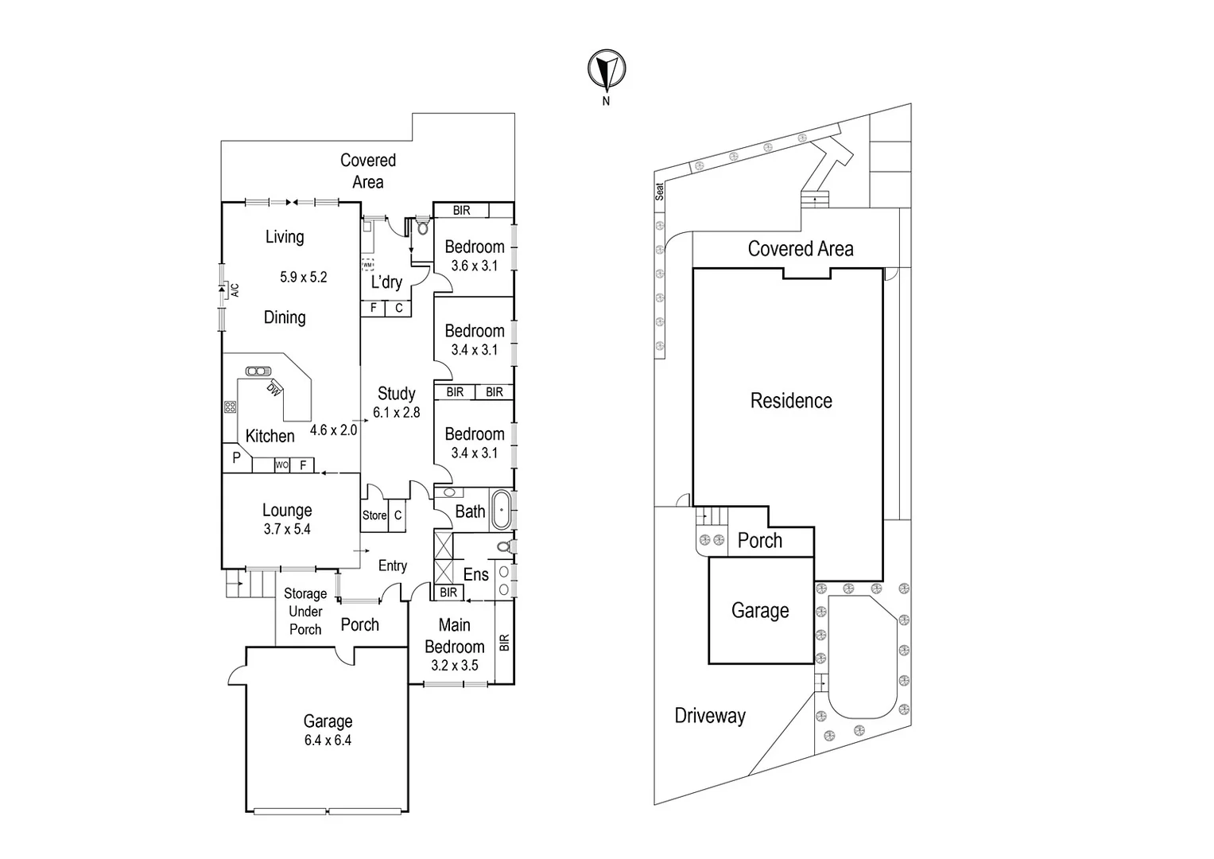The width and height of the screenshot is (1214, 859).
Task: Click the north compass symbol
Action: coord(607,70)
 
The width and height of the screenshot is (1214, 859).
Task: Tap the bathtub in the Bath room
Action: coord(502,510)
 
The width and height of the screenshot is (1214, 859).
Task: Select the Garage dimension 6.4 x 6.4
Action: coord(327,740)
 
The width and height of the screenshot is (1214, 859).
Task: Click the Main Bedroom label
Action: coord(454,636)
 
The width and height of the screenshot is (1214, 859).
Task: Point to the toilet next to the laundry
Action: coord(421,227)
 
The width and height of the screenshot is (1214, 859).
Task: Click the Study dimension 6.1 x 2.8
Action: coord(396,413)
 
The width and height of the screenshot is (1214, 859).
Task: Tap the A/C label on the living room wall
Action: coord(235,290)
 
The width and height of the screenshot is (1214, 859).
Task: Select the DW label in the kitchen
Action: coord(273,389)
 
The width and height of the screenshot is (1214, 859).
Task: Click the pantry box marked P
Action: coord(236,458)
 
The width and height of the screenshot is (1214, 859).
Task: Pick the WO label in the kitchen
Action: coord(281,465)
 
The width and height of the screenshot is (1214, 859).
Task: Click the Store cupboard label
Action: coord(374,515)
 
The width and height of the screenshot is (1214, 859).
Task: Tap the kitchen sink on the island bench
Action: coord(258,371)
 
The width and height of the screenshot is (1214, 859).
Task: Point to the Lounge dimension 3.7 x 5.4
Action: coord(287,530)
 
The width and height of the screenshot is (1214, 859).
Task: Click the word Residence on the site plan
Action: coord(791,401)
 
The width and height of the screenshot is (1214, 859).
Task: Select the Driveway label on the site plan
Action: coord(710,716)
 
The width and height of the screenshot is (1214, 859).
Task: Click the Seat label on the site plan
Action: coord(659,192)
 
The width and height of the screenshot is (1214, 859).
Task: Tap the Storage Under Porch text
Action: coord(305,612)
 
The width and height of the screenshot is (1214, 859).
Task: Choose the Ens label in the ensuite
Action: coord(475,574)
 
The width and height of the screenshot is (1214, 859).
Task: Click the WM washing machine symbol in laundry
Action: coord(367,264)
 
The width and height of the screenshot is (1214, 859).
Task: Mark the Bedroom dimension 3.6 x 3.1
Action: coord(475,266)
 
